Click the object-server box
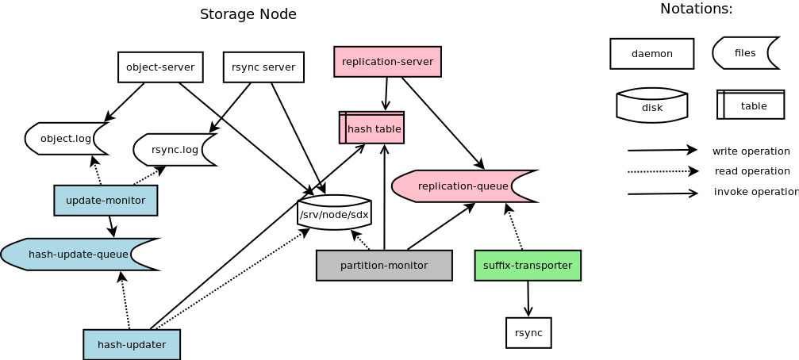(160, 67)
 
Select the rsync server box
(263, 67)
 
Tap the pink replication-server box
(387, 62)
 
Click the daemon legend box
(651, 54)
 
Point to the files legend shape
(743, 53)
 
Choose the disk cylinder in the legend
(651, 106)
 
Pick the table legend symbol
(751, 105)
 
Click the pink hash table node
(372, 128)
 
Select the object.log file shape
(65, 139)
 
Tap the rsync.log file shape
(174, 150)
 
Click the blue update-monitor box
(106, 201)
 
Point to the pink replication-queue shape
(461, 186)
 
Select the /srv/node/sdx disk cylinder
(334, 213)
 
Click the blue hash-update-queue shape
(77, 255)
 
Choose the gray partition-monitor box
(384, 266)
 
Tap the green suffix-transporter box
(528, 266)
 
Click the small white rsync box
(528, 333)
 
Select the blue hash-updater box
(132, 345)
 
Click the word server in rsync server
(278, 67)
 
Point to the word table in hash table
(387, 128)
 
